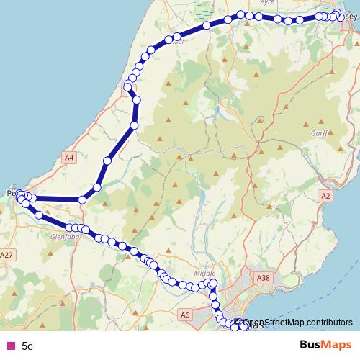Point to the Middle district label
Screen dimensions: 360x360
click(x=204, y=274)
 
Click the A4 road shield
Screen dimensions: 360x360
click(x=69, y=157)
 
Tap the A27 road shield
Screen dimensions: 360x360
click(x=7, y=255)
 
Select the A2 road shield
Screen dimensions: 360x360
click(x=326, y=195)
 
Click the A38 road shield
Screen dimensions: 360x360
click(x=264, y=276)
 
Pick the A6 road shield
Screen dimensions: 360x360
click(x=186, y=314)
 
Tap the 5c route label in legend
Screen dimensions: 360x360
click(x=27, y=346)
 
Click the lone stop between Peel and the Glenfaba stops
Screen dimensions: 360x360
click(x=37, y=215)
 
